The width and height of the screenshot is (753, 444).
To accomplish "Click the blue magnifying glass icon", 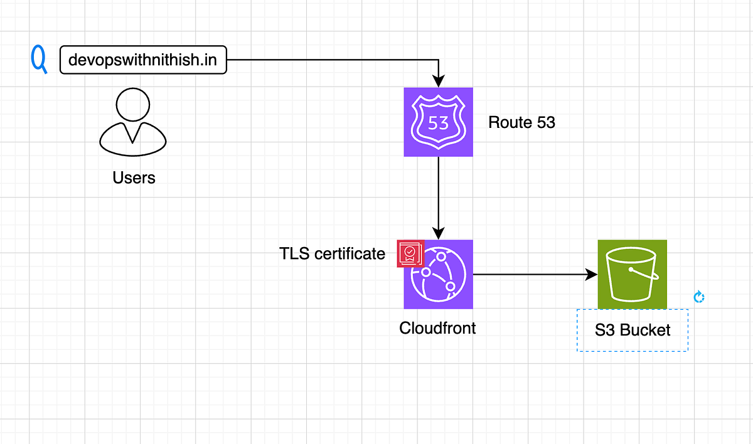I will pos(39,60).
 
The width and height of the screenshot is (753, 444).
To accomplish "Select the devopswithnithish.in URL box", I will pos(143,60).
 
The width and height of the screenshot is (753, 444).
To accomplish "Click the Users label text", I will pos(134,177).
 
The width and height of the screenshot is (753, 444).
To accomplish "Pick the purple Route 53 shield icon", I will pos(438,122).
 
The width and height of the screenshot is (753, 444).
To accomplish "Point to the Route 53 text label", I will pos(521,122).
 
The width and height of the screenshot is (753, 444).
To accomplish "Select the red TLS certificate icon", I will pos(410,253).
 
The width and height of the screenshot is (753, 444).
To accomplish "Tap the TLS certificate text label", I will pos(332,253).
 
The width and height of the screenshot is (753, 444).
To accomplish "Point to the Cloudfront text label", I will pos(437,327).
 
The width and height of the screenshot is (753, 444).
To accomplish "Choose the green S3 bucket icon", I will pos(632,274).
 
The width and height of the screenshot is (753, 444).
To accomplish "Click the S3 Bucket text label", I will pos(633,330).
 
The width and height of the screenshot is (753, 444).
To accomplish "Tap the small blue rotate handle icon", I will pos(698,297).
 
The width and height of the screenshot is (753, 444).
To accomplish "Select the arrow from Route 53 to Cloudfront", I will pos(438,194).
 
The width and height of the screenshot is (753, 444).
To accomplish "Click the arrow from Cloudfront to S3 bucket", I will pos(533,275).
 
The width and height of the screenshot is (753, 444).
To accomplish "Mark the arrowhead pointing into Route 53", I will pos(438,81).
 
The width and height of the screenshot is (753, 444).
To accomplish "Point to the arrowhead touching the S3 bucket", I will pos(590,275).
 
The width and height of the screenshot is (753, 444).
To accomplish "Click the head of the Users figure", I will pos(133,104).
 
